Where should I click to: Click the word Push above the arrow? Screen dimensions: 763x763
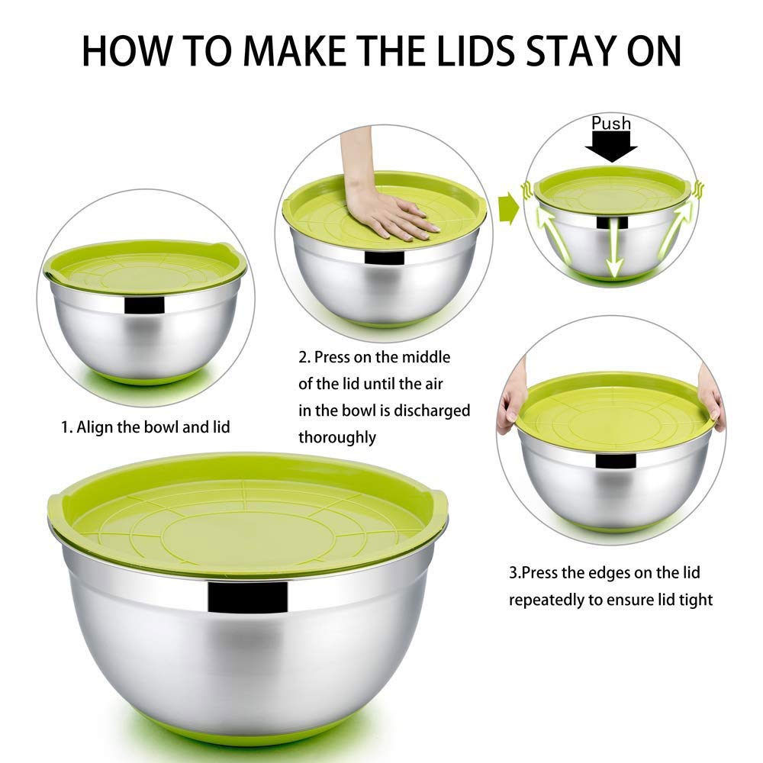tap(611, 123)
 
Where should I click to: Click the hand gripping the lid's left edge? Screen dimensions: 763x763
tap(510, 408)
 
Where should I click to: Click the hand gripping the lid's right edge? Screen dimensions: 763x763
tap(712, 397)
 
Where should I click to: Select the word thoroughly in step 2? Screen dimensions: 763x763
tap(336, 437)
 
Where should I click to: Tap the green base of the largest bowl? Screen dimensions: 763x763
tap(248, 736)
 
